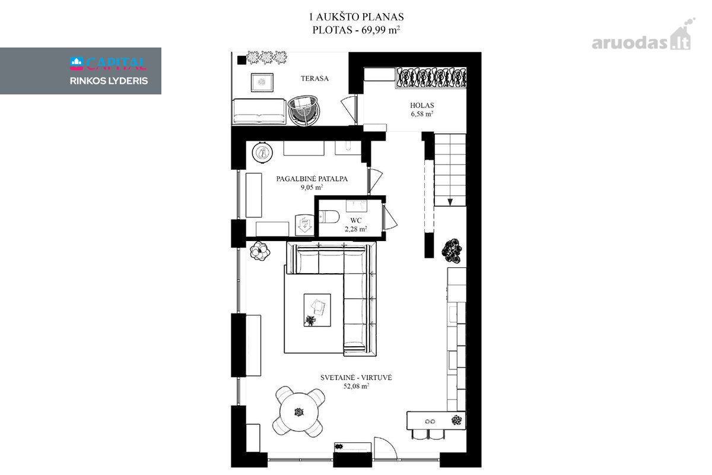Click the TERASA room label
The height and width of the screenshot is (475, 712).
pos(314,78)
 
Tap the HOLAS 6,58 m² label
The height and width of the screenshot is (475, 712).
pos(422,109)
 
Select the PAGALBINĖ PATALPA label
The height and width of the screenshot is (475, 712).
pos(312,179)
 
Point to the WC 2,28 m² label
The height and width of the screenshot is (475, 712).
pos(356,224)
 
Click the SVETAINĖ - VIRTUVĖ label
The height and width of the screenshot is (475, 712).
pos(356,378)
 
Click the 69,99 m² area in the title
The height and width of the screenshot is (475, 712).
pos(380,30)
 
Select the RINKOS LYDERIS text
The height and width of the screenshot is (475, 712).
pos(109,81)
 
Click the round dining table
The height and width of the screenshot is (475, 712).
pos(299,412)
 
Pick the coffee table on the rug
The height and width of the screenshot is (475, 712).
pos(317,310)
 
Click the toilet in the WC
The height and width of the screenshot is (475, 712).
pos(329,217)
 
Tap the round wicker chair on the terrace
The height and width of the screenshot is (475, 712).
pos(303,110)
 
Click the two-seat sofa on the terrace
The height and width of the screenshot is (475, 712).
pos(259,111)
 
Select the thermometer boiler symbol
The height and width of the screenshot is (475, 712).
pos(262,153)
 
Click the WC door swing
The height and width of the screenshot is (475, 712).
pos(390,218)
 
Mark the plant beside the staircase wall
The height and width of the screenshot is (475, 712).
pos(452,251)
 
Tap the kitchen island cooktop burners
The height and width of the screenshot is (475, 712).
pos(430,422)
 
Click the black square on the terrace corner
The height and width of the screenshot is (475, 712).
pos(241,60)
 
